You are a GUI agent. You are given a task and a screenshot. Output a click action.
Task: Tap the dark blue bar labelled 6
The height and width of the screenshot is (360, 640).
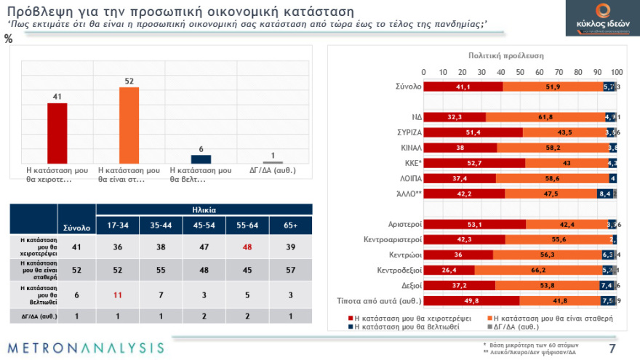coord(201,159)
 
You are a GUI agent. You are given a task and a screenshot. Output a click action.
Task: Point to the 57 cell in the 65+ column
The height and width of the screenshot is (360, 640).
coord(290,271)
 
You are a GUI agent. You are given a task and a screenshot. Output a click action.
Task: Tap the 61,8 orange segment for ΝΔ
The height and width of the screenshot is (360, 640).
coord(545,116)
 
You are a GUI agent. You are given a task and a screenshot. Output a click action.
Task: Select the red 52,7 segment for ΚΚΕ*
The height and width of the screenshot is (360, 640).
coord(474,163)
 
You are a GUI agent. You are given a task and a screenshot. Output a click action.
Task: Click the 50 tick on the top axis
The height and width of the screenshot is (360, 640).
coord(520,72)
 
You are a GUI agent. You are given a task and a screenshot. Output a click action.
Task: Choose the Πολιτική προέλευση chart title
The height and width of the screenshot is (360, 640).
coord(505,56)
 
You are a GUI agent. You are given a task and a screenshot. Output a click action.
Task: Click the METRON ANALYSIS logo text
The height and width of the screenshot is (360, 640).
coord(87,347)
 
